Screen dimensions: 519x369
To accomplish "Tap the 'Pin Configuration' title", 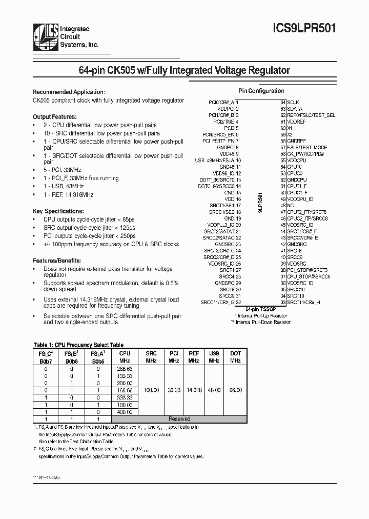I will (261, 91).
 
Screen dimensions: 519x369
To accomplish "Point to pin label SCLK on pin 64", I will (293, 102).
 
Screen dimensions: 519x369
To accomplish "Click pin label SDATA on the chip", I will (295, 109).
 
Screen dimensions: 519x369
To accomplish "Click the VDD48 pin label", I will (226, 154).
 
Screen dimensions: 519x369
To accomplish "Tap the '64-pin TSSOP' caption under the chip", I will (261, 310).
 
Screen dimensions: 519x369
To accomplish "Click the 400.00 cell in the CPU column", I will (125, 411).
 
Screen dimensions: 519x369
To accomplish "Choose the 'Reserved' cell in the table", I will (179, 419).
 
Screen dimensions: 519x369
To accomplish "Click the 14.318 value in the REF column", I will (193, 390).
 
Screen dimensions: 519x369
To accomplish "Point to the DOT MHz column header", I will (235, 357).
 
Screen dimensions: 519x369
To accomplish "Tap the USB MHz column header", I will (214, 357).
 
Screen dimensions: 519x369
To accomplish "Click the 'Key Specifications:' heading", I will (58, 211).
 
